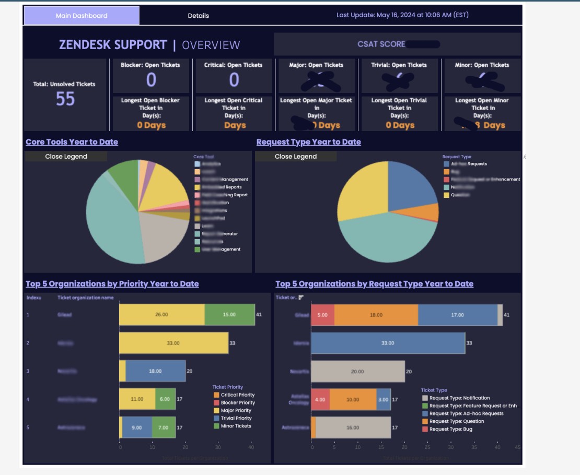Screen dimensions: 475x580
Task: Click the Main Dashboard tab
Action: pos(82,16)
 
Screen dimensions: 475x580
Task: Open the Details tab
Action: pos(198,16)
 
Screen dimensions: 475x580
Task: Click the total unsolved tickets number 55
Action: pos(65,99)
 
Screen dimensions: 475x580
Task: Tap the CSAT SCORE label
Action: pos(381,44)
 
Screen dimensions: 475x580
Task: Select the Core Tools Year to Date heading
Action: pos(72,142)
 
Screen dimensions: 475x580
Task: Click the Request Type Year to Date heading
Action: pos(308,142)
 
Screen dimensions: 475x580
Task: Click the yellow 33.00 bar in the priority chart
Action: pos(173,343)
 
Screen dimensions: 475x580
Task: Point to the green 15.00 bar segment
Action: pos(229,315)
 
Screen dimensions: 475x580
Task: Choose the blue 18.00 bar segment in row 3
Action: pos(155,371)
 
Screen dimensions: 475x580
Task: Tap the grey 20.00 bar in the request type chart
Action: pos(357,372)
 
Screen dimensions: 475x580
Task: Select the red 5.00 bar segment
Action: pos(322,315)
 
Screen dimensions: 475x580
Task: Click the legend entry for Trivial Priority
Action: pos(236,418)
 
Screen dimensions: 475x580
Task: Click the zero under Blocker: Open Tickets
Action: pos(151,80)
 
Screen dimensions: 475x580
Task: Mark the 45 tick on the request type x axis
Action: pos(517,447)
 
